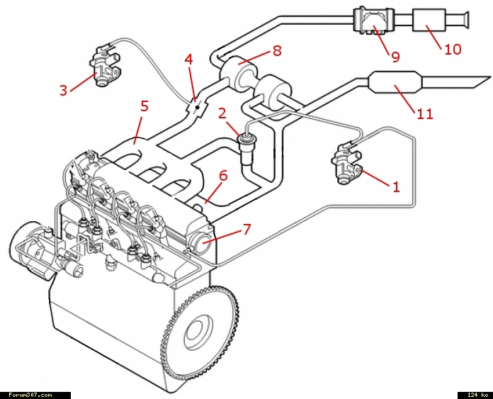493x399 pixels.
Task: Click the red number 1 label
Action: [396, 187]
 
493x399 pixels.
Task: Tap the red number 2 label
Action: [222, 113]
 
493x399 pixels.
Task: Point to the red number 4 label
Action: [188, 60]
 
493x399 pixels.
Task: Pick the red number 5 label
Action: [144, 106]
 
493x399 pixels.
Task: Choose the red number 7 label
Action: [246, 228]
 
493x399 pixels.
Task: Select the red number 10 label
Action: [453, 49]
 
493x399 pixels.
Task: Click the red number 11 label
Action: [424, 113]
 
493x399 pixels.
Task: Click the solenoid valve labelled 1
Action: [348, 165]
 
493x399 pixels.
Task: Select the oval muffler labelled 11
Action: [395, 84]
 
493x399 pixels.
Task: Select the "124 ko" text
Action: [474, 395]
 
